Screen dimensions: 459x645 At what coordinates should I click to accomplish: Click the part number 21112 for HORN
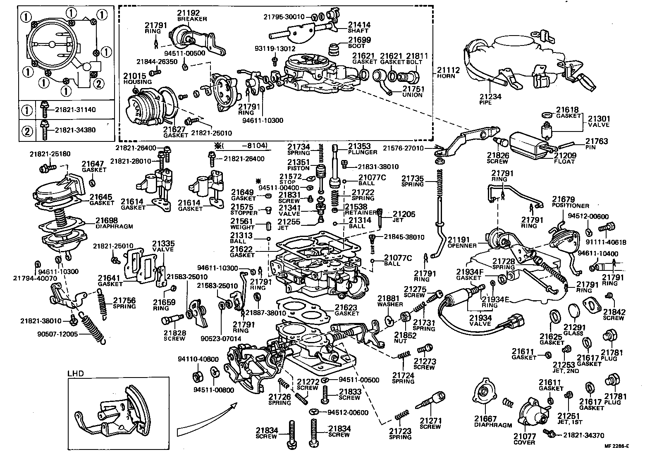pyautogui.click(x=448, y=70)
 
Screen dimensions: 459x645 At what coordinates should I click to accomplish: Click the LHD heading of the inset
pyautogui.click(x=76, y=373)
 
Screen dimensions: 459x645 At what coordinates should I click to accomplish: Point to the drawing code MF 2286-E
pyautogui.click(x=616, y=446)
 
